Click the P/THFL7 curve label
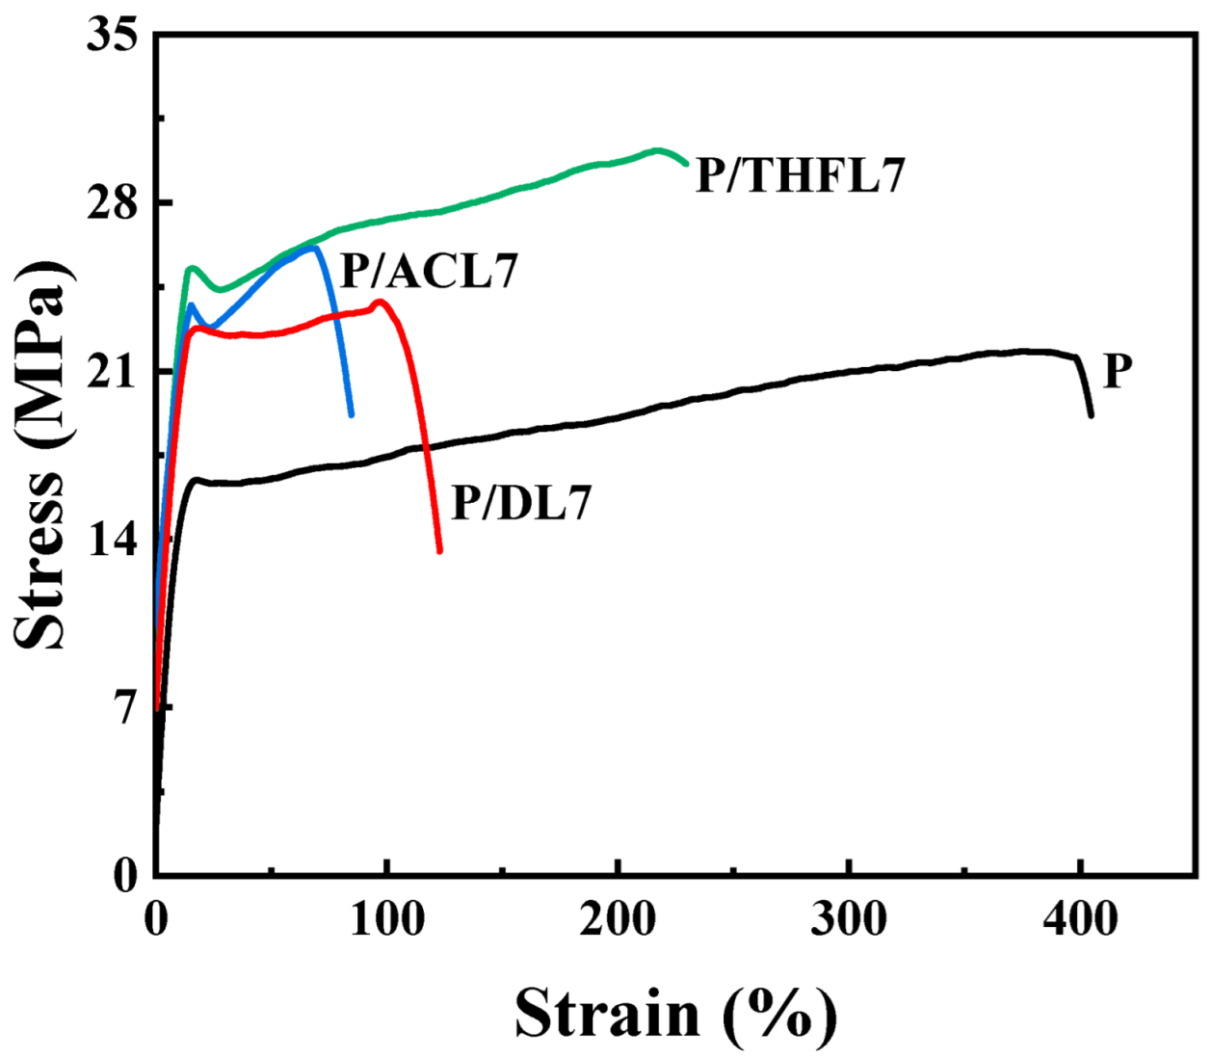click(801, 175)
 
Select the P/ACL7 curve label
click(430, 271)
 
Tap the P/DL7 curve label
click(521, 503)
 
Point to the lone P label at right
click(1118, 370)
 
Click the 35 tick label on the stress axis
click(112, 36)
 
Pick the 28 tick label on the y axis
click(112, 203)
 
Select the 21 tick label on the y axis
click(112, 372)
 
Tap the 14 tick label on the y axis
click(112, 540)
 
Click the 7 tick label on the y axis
click(126, 708)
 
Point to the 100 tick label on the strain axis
click(386, 919)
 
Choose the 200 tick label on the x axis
click(618, 919)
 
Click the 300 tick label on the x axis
click(849, 919)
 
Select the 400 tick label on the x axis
click(1080, 919)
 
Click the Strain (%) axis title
click(675, 1013)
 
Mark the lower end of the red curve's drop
click(439, 550)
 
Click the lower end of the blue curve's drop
click(352, 414)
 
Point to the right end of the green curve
click(686, 163)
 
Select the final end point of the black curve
click(1091, 415)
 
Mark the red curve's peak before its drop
click(381, 302)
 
